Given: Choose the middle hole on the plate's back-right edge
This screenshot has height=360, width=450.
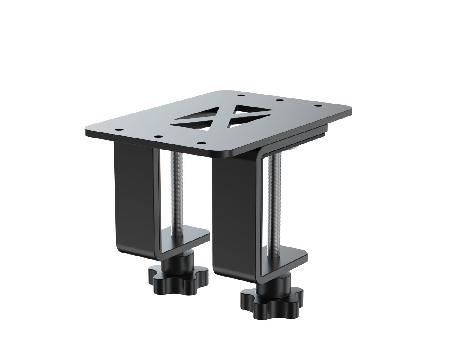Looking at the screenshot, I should coord(278,100).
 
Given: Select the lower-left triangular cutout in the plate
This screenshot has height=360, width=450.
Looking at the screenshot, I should coord(192,124).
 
